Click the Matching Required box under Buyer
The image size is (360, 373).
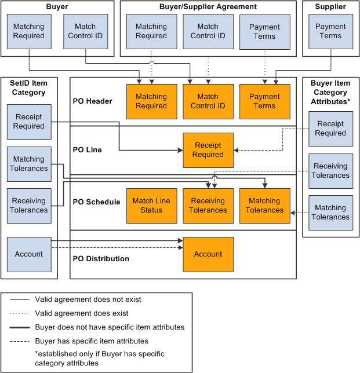click(29, 31)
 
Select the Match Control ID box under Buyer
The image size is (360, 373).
click(85, 31)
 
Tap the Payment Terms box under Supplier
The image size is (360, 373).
click(330, 31)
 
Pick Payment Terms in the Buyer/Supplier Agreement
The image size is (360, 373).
click(264, 31)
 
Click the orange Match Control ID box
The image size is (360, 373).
click(208, 101)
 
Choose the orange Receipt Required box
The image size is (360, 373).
click(208, 150)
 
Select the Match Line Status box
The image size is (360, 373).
click(151, 206)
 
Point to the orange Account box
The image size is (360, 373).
click(208, 254)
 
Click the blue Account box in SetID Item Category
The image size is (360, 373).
click(29, 254)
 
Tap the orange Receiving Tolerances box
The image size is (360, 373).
click(208, 206)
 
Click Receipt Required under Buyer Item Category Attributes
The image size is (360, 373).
click(330, 129)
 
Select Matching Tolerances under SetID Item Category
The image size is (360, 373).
click(29, 164)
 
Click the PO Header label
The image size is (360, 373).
click(93, 101)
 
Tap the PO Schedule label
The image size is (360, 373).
click(97, 202)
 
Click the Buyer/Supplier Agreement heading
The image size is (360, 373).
click(208, 7)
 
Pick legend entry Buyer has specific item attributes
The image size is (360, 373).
click(92, 341)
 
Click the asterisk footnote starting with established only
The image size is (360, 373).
click(99, 359)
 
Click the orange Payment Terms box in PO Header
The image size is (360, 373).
click(264, 101)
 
